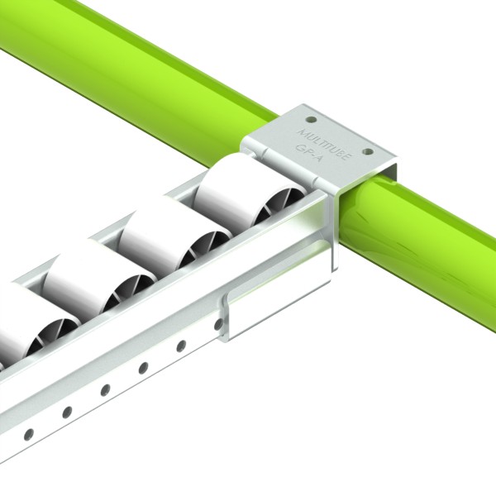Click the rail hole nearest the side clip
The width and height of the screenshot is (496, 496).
(x=218, y=325)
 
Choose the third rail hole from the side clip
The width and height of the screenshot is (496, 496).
(x=143, y=367)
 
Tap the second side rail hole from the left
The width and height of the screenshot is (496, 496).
(x=67, y=411)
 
